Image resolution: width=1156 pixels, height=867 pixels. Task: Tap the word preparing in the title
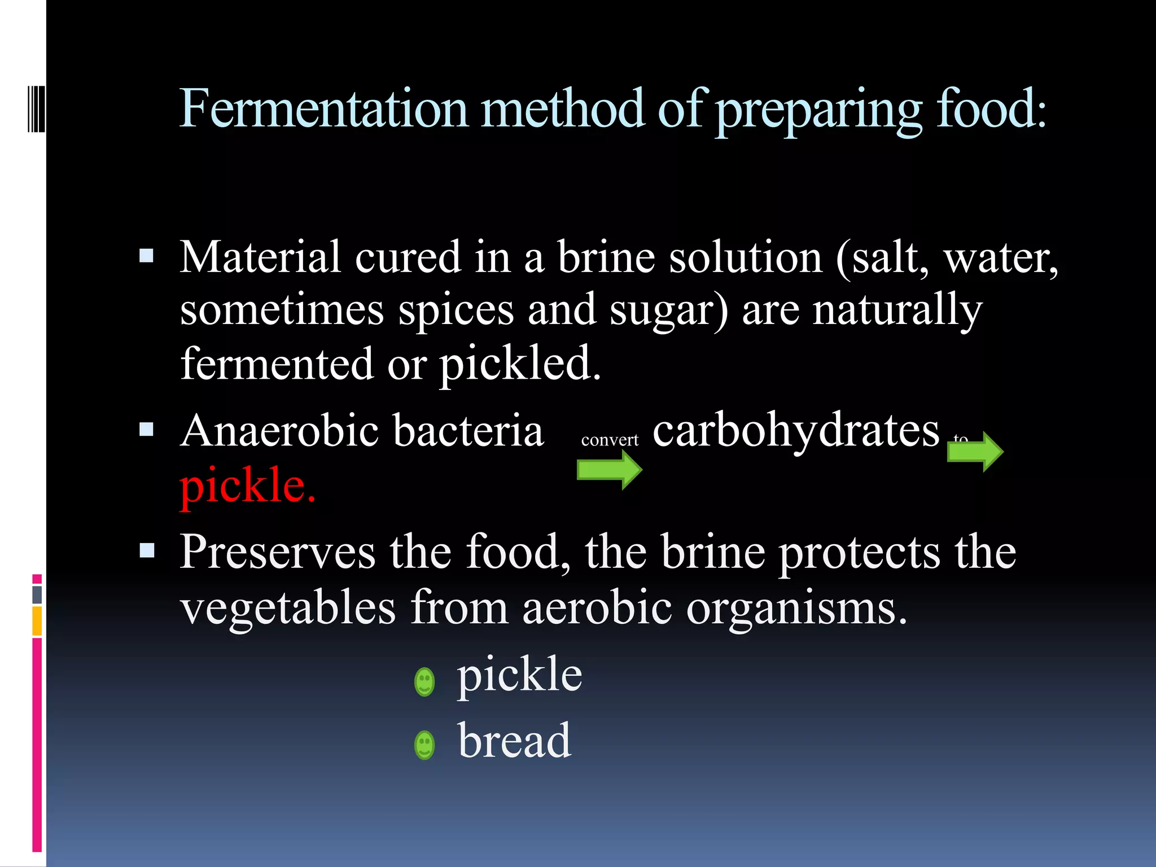pyautogui.click(x=819, y=110)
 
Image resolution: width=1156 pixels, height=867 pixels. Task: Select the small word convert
pyautogui.click(x=610, y=440)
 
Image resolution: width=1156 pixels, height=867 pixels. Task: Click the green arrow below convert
pyautogui.click(x=609, y=470)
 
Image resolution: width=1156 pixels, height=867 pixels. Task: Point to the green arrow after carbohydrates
pyautogui.click(x=975, y=452)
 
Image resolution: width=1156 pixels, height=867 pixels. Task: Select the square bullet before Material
pyautogui.click(x=146, y=257)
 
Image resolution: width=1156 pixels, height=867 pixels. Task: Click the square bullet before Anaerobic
pyautogui.click(x=146, y=430)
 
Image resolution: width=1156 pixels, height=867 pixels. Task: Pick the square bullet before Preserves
pyautogui.click(x=147, y=550)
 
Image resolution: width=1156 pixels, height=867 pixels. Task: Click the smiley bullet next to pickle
pyautogui.click(x=424, y=682)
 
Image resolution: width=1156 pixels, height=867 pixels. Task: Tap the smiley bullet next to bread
pyautogui.click(x=424, y=745)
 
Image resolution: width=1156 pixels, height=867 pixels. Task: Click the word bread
pyautogui.click(x=514, y=741)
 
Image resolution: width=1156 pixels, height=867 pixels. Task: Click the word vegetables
pyautogui.click(x=288, y=608)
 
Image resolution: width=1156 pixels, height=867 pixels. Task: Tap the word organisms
pyautogui.click(x=796, y=608)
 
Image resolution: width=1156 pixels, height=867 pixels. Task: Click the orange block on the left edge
pyautogui.click(x=37, y=621)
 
